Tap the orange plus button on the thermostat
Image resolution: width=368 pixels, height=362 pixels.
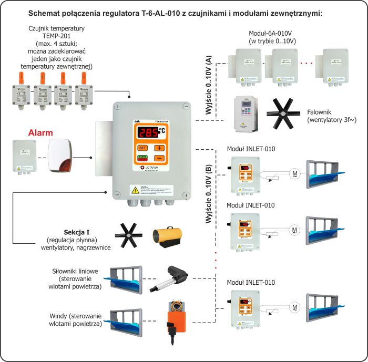[158, 148]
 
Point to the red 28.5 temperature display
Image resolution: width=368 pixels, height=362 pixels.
[148, 133]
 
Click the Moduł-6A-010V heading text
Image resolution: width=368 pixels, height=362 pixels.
[273, 33]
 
